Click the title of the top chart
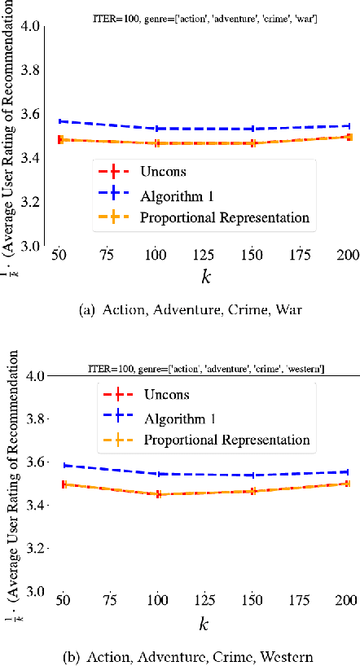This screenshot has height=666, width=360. click(204, 18)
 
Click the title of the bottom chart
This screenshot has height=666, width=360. click(207, 369)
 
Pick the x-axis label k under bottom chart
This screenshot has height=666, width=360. click(204, 623)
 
